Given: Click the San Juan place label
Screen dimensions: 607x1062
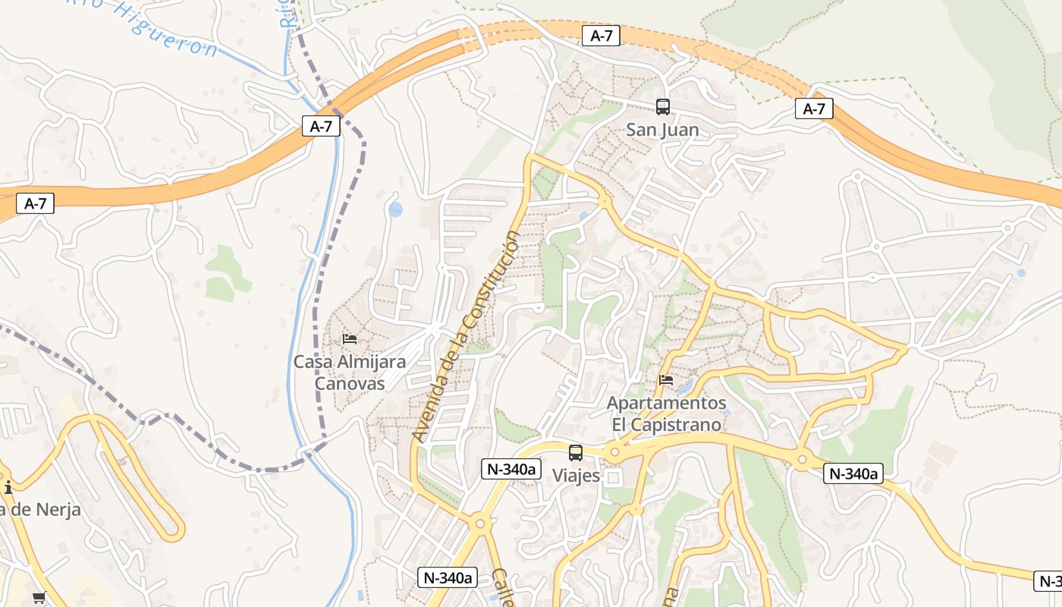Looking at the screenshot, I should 662,130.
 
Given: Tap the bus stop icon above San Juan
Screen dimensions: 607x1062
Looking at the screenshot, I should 663,107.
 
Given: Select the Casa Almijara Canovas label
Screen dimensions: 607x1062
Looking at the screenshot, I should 350,373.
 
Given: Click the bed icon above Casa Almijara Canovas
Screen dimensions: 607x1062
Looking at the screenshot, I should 350,338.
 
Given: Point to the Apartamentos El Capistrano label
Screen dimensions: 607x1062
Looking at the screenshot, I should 667,414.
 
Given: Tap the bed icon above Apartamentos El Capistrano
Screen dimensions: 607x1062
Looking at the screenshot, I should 666,379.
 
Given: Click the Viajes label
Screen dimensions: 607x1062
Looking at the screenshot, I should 576,476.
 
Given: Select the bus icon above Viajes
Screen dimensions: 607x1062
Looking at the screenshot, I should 576,453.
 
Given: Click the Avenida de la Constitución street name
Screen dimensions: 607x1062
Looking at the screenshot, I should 467,337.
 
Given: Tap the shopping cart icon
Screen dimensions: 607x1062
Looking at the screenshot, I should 39,597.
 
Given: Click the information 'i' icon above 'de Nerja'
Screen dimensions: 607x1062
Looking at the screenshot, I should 8,487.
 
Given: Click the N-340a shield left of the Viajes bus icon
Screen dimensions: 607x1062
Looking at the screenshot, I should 511,469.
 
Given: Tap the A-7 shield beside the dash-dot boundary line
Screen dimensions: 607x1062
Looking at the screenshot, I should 321,126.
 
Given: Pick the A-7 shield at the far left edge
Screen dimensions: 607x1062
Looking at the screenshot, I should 35,203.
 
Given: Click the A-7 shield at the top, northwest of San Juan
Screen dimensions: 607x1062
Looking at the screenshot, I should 601,35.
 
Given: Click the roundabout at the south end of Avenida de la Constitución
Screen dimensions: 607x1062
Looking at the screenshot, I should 479,523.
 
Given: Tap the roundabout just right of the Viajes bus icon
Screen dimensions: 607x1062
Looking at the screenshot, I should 614,453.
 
